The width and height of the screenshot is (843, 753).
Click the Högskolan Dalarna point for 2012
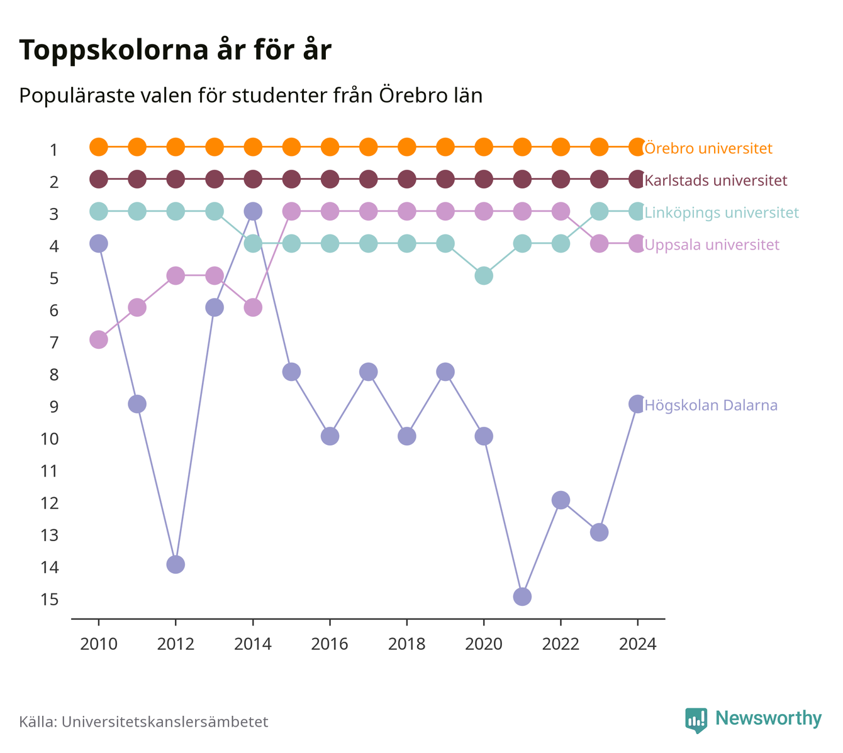tap(176, 564)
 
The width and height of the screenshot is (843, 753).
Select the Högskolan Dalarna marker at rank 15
tap(522, 596)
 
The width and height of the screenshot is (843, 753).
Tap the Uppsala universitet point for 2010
tap(99, 339)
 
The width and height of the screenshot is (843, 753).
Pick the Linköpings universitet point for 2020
tap(484, 276)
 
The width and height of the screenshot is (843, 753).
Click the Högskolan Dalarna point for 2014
tap(252, 211)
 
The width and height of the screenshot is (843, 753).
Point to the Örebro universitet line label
tap(708, 148)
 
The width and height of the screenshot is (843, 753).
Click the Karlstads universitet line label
tap(716, 180)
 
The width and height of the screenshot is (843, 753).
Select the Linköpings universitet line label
tap(722, 212)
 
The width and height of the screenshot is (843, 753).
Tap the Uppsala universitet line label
tap(712, 245)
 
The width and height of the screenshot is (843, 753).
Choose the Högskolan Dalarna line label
tap(711, 405)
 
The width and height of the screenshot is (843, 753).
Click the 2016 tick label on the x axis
tap(330, 644)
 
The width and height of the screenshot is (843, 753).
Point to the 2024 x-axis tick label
tap(637, 644)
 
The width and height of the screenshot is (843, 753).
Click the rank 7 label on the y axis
tap(54, 343)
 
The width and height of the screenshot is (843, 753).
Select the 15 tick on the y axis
tap(50, 600)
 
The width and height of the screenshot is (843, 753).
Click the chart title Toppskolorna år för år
tap(175, 50)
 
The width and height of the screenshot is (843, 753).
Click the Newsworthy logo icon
tap(696, 720)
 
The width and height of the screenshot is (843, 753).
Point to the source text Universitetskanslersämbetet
tap(165, 722)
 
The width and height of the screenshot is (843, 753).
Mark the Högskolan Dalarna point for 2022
tap(561, 500)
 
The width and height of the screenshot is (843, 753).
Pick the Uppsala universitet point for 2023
tap(599, 244)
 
